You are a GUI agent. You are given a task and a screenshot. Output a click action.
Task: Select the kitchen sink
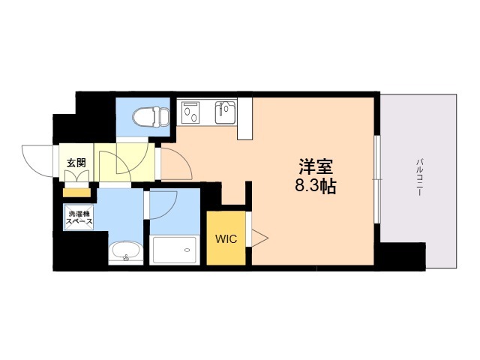coord(225,113)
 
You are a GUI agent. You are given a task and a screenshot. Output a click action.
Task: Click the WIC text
coord(226,240)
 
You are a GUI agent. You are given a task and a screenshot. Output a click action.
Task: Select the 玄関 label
coord(76,163)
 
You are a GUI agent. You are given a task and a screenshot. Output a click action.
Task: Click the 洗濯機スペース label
coord(78,218)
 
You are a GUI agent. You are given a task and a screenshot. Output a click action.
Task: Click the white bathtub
coord(175,250)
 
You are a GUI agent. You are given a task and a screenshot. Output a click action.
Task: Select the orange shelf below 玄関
coord(76,193)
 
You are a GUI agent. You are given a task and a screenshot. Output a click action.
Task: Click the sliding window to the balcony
coord(378,180)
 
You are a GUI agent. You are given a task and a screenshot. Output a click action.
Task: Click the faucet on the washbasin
coord(125,259)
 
